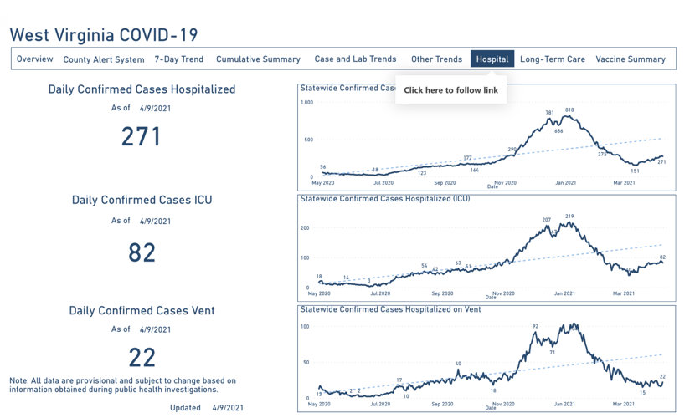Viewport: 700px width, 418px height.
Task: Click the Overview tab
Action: tap(35, 59)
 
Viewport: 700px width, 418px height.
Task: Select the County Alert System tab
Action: tap(104, 59)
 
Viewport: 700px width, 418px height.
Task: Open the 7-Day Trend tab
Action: tap(179, 59)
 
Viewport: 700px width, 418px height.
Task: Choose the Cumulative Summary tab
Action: tap(258, 59)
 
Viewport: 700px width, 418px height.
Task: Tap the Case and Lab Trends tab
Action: tap(355, 59)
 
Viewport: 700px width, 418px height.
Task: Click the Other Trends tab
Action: tap(436, 59)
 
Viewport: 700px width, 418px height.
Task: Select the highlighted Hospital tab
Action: tap(492, 59)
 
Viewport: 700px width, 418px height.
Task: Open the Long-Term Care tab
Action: tap(553, 59)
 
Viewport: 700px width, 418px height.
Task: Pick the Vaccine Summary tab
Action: tap(631, 59)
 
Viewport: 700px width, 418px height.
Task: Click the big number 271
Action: tap(142, 136)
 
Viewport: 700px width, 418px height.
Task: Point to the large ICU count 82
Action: tap(142, 252)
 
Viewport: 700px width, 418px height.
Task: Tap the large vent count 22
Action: tap(142, 358)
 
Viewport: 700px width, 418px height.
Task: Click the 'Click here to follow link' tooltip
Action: tap(450, 90)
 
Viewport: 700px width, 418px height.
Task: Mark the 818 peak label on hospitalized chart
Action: tap(569, 110)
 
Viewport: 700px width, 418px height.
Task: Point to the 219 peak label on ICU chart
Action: tap(569, 217)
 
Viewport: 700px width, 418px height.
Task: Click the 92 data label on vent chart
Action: tap(535, 326)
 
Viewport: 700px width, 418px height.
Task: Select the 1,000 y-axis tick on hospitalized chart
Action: tap(306, 103)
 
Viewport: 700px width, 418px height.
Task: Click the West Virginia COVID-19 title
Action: tap(104, 35)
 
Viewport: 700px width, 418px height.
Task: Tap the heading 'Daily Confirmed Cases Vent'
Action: tap(142, 310)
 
